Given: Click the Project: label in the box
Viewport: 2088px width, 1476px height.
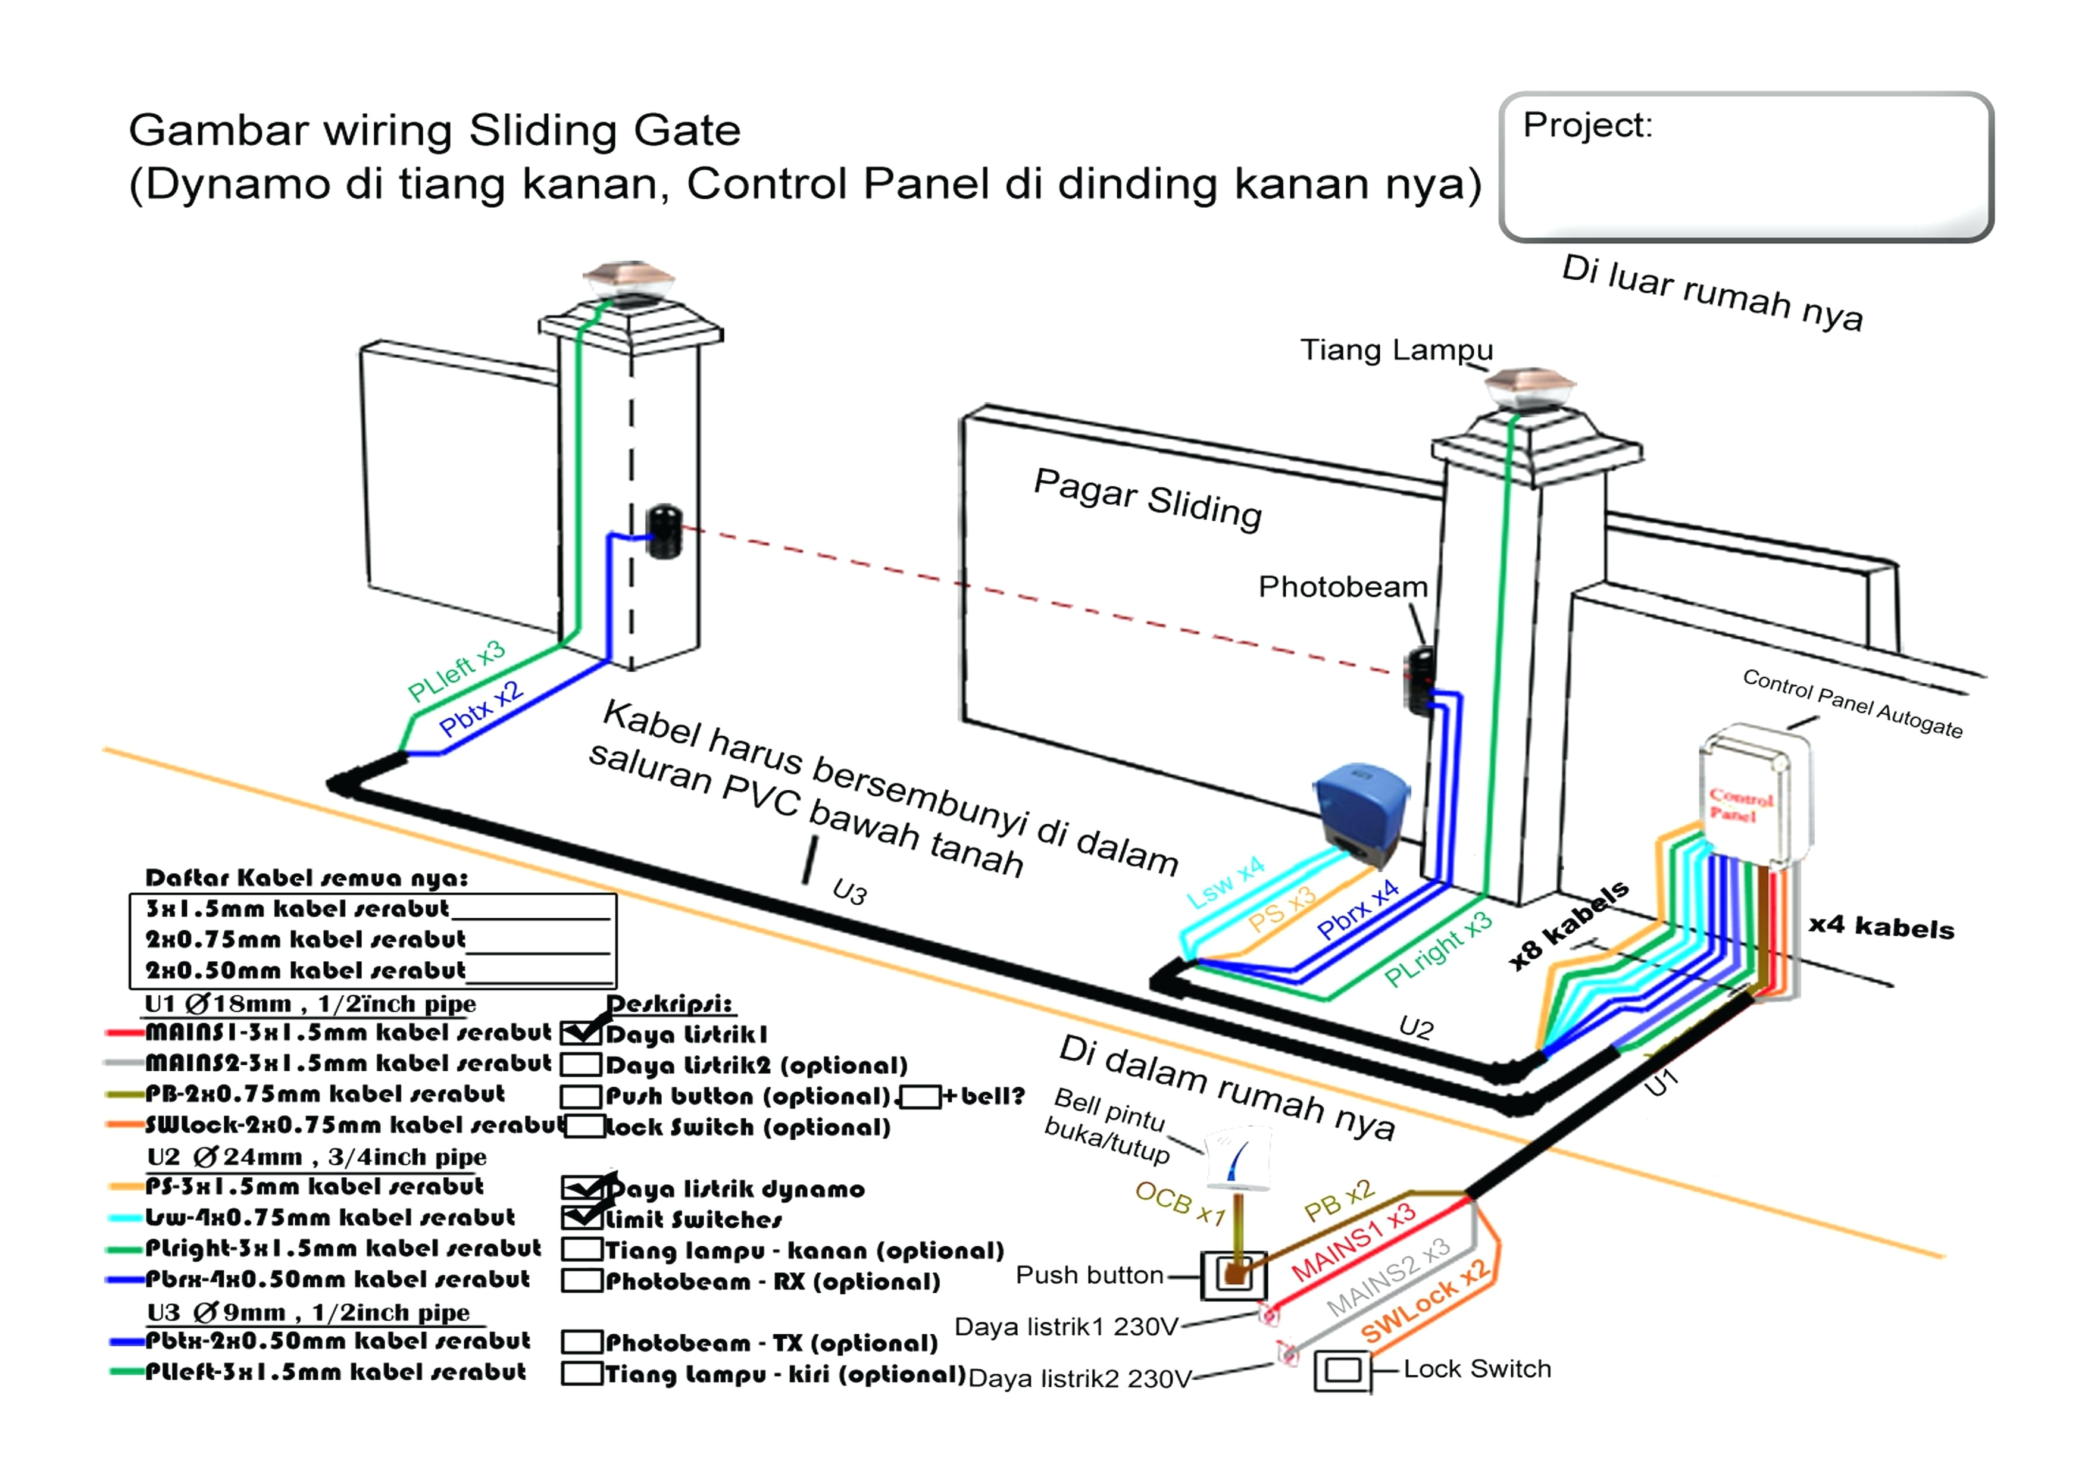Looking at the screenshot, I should (x=1587, y=126).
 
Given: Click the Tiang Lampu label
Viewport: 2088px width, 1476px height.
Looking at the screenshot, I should (x=1396, y=350).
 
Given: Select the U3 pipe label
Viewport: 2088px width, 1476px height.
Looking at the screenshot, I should (x=849, y=892).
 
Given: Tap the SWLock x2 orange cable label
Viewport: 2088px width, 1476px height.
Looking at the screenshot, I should (x=1424, y=1302).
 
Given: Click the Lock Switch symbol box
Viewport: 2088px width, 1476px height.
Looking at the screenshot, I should (x=1342, y=1371).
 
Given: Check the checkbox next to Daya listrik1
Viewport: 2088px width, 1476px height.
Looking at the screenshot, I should (x=581, y=1033).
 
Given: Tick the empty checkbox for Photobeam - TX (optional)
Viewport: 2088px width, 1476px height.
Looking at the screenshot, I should (x=581, y=1342).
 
